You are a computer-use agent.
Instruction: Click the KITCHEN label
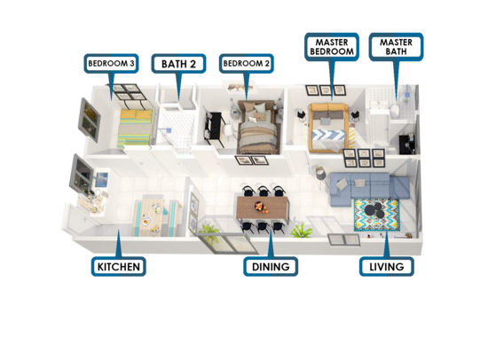pyautogui.click(x=119, y=266)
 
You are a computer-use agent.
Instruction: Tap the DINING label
pyautogui.click(x=271, y=266)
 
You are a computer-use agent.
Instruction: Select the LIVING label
pyautogui.click(x=387, y=266)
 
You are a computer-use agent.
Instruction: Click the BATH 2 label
pyautogui.click(x=178, y=64)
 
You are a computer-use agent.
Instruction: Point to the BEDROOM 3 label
pyautogui.click(x=111, y=64)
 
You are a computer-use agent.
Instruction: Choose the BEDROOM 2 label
pyautogui.click(x=246, y=64)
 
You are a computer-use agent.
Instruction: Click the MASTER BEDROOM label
pyautogui.click(x=332, y=47)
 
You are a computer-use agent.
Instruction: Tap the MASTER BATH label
pyautogui.click(x=396, y=47)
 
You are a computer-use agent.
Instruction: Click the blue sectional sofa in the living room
pyautogui.click(x=367, y=187)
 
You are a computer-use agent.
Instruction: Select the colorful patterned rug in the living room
pyautogui.click(x=377, y=215)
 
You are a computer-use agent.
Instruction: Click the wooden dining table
pyautogui.click(x=263, y=207)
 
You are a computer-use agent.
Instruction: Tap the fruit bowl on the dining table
pyautogui.click(x=258, y=206)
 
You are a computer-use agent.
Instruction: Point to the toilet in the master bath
pyautogui.click(x=395, y=111)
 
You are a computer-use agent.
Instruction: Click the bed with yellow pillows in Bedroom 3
pyautogui.click(x=135, y=129)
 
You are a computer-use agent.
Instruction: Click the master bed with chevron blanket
pyautogui.click(x=327, y=128)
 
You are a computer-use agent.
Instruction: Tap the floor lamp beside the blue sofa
pyautogui.click(x=320, y=176)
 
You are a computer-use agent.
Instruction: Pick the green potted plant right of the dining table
pyautogui.click(x=302, y=231)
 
